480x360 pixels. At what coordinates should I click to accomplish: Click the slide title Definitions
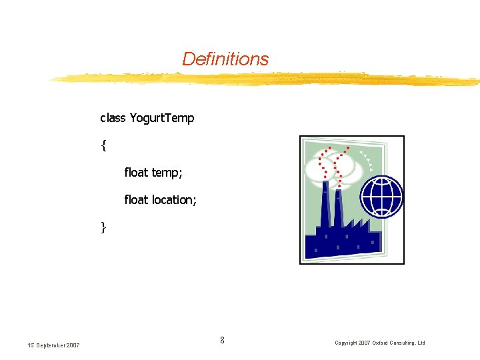coord(225,59)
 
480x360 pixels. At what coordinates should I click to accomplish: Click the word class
coord(113,118)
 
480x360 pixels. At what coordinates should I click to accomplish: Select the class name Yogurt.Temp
coord(162,119)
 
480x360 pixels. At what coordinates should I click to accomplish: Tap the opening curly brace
coord(104,145)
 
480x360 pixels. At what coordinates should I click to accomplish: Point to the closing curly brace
coord(104,227)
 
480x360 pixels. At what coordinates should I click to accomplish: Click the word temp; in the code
coord(167,173)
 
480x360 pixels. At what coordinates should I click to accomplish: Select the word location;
coord(174,200)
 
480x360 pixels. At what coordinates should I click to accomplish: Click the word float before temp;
coord(136,173)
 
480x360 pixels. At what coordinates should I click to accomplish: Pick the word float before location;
coord(136,200)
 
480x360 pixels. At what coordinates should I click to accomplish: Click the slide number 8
coord(222,341)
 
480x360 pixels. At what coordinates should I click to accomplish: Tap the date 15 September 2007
coord(53,345)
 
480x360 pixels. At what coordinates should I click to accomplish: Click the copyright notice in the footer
coord(379,343)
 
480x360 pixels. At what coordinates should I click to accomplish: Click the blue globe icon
coord(382,197)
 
